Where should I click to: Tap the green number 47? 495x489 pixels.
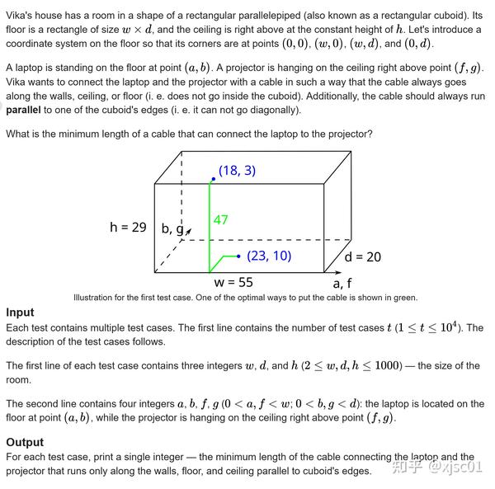click(220, 220)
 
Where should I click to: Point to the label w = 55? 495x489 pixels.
click(233, 282)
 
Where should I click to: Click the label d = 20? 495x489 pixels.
click(362, 257)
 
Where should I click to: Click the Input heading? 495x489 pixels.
click(20, 313)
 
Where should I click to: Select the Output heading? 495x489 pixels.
click(25, 442)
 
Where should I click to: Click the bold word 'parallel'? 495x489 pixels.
click(23, 110)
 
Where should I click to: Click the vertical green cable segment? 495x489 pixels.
click(210, 223)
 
